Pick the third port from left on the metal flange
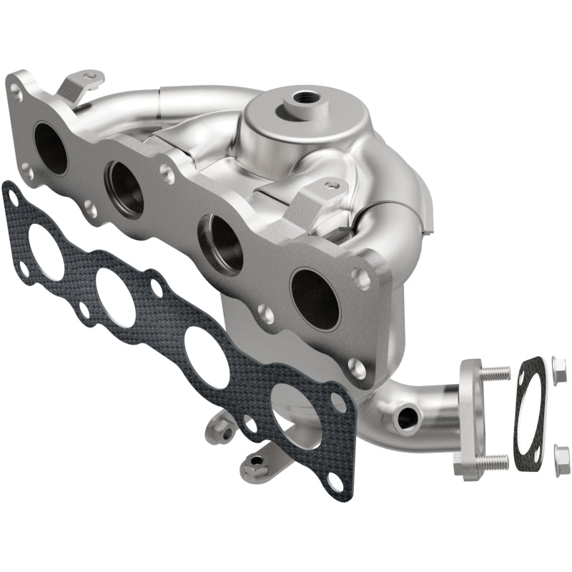[x=222, y=244]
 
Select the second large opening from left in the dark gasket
[x=115, y=296]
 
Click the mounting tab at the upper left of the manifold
[x=80, y=84]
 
